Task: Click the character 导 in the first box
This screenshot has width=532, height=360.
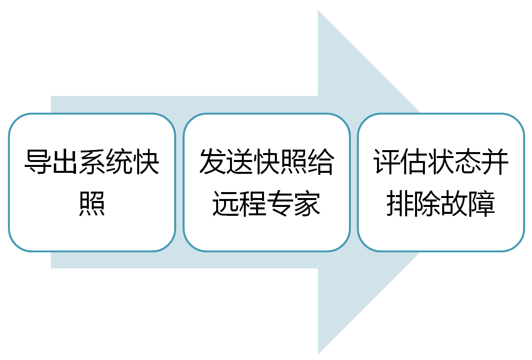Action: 38,161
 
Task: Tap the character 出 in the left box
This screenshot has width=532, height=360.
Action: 65,161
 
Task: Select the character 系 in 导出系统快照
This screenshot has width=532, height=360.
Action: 92,161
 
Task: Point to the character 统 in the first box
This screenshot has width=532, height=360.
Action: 119,161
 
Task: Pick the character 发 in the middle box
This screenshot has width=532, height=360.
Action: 213,161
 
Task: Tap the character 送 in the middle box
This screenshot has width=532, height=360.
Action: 240,161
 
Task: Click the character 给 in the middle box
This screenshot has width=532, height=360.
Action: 321,161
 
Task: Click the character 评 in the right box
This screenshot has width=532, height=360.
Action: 387,161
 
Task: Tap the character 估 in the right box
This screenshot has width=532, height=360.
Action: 414,161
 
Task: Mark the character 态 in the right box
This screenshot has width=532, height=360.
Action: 468,161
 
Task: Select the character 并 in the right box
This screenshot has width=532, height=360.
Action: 495,161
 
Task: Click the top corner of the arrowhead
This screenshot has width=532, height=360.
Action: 318,10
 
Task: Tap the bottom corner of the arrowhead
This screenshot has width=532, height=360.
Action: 318,354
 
